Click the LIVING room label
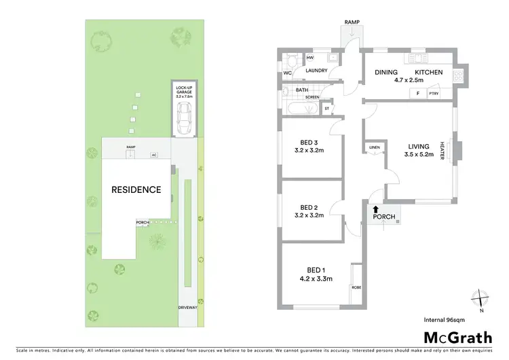click(x=419, y=146)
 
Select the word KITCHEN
click(x=429, y=72)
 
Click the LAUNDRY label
click(x=317, y=71)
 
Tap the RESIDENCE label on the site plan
click(x=136, y=190)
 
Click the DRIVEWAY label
click(x=188, y=307)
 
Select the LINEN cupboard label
click(x=374, y=147)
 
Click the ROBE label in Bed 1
click(x=356, y=287)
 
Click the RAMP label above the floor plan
click(x=352, y=22)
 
